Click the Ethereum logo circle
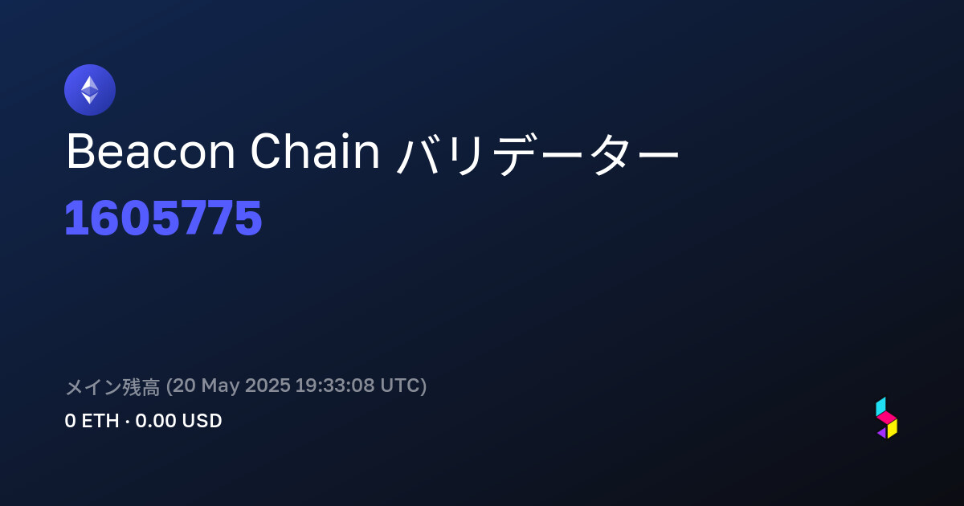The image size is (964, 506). coord(90,90)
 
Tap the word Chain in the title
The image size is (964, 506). coord(315,152)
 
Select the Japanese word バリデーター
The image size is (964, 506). coord(538,153)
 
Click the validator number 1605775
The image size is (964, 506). coord(163,218)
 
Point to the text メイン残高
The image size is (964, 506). coord(112,386)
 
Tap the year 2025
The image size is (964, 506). coord(268,386)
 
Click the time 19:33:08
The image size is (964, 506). coord(335,386)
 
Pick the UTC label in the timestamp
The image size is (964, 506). coord(400,386)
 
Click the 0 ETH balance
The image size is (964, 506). coord(92,421)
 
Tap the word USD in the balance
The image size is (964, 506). coord(202,421)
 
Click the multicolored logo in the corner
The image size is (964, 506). coord(887,418)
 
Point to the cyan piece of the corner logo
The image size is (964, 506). coord(881,407)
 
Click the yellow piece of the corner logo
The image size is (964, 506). coord(893,429)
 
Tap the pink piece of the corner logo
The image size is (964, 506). coord(887,418)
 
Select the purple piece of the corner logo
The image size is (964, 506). coord(882,433)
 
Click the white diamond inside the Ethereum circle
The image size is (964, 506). coord(90,90)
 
